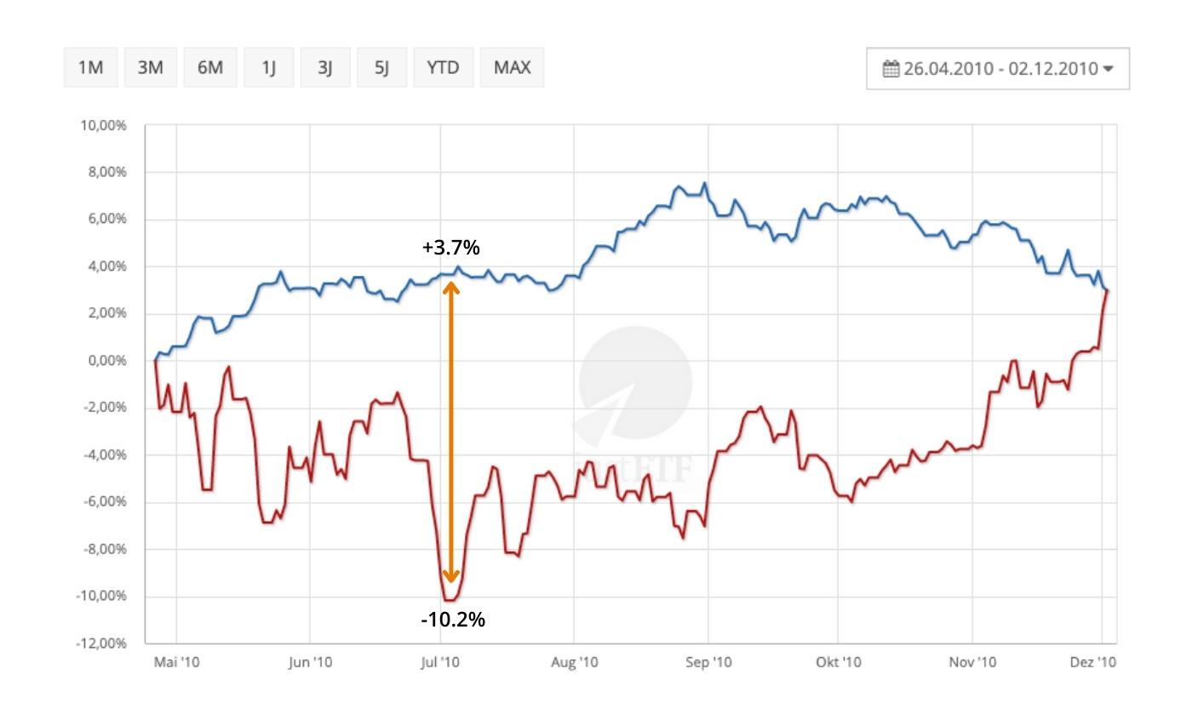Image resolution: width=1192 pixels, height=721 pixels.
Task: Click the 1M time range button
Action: click(x=90, y=67)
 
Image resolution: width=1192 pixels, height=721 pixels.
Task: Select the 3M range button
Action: click(x=150, y=67)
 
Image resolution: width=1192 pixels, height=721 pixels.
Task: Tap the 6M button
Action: click(x=209, y=67)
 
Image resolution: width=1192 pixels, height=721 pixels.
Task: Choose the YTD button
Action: click(x=443, y=67)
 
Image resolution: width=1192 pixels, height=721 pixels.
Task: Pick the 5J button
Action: click(x=381, y=67)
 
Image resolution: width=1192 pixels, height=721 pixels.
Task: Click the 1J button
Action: click(x=268, y=67)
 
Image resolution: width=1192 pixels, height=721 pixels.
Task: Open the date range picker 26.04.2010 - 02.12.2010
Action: click(x=998, y=68)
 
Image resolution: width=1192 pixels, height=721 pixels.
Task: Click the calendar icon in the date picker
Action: click(x=891, y=68)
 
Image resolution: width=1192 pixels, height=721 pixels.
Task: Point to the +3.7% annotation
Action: click(x=450, y=248)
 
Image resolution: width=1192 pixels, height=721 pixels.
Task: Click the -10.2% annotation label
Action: click(x=452, y=620)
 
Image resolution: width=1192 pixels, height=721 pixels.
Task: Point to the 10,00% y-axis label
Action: click(x=103, y=126)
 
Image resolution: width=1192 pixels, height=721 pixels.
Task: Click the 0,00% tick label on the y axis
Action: click(x=106, y=361)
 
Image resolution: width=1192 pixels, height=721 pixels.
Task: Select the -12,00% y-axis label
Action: click(x=101, y=643)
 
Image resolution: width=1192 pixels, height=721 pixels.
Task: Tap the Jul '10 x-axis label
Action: click(x=440, y=661)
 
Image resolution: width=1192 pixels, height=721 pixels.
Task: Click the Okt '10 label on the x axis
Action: click(x=838, y=661)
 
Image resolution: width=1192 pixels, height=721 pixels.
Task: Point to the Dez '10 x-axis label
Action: click(x=1092, y=661)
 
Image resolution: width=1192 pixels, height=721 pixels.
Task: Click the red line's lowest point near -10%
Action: click(x=450, y=601)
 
